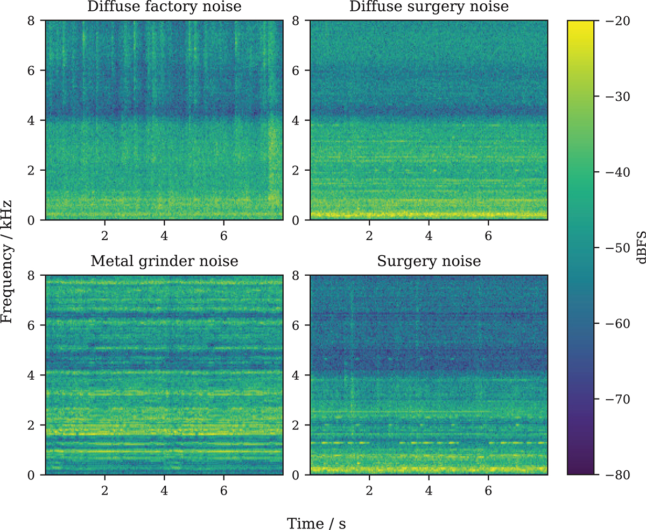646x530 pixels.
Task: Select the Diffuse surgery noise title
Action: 429,8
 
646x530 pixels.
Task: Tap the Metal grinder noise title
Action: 164,262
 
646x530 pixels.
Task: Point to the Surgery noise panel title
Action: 429,262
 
